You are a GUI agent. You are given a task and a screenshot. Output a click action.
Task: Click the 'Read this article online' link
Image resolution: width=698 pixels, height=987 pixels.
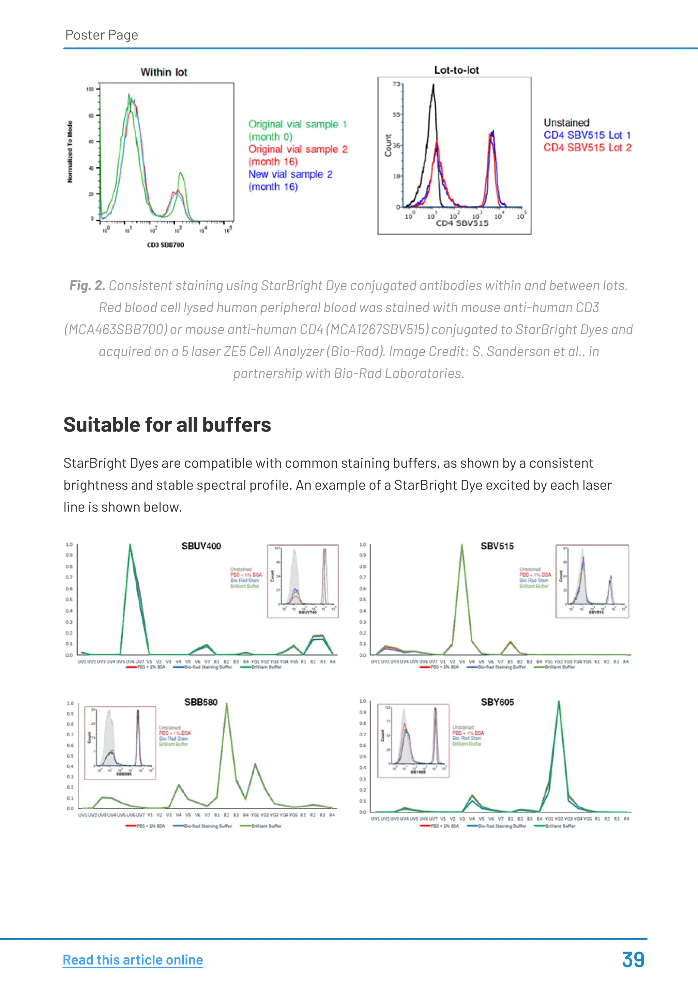tap(133, 959)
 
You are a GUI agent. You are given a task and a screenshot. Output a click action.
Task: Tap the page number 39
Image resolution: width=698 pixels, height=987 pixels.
tap(633, 959)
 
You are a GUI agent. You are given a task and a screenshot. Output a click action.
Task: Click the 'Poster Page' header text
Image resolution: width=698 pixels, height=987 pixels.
tap(102, 35)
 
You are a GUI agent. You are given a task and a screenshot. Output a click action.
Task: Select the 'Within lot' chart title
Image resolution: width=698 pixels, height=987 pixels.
tap(164, 72)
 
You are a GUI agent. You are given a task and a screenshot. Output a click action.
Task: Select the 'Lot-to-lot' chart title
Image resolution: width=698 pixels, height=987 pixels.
tap(456, 70)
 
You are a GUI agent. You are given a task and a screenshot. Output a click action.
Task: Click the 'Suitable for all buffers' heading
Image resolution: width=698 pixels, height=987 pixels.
tap(167, 425)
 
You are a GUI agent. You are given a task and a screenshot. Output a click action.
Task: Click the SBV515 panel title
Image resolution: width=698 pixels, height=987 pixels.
tap(497, 546)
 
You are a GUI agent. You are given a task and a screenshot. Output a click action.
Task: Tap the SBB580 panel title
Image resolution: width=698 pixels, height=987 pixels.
tap(201, 702)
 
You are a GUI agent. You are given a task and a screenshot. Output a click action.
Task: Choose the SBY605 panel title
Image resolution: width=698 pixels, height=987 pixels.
tap(497, 702)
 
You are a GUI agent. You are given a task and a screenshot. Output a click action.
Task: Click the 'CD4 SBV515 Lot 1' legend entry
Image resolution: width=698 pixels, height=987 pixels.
tap(587, 135)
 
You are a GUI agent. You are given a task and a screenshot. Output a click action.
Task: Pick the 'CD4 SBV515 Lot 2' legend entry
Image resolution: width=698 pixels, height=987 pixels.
tap(587, 147)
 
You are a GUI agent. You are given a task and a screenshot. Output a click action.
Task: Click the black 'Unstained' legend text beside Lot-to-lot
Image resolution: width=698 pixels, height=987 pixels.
tap(566, 123)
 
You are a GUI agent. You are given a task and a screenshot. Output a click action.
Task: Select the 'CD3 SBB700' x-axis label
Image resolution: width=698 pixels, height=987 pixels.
tap(165, 245)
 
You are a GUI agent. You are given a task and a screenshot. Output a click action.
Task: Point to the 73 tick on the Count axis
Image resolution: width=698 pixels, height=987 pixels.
tap(396, 84)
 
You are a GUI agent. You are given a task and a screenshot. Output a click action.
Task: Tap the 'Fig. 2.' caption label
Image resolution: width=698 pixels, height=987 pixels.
tap(87, 285)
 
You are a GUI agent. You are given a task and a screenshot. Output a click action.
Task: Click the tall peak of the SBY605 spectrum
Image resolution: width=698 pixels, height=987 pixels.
tap(559, 703)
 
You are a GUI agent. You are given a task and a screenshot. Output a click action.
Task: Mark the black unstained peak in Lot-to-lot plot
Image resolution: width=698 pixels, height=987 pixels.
tap(434, 86)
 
